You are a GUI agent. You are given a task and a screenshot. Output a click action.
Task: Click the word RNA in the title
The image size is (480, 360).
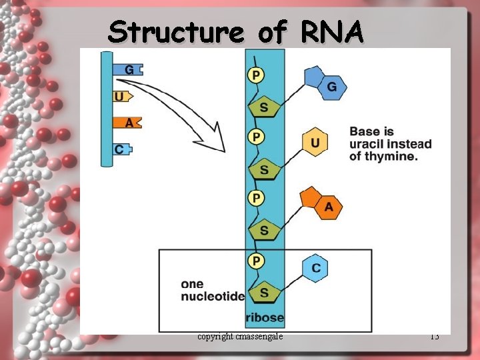coord(331,31)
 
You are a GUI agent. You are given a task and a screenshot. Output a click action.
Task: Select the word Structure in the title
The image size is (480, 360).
coord(176,31)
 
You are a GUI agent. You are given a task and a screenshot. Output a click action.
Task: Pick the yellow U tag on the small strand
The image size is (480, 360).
coord(121,97)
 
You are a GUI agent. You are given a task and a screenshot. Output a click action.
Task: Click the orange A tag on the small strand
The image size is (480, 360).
coord(127,123)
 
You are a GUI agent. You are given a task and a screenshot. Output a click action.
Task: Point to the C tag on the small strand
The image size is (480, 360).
coord(121,149)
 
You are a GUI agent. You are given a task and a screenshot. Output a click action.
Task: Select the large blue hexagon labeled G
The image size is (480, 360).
coord(331,87)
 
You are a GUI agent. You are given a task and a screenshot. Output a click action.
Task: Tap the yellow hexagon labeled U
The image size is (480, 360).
coord(315,143)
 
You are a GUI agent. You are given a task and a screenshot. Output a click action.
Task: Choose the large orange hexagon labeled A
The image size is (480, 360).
coord(328,207)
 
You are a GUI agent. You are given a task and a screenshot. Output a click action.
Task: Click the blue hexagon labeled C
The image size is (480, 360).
coord(315,268)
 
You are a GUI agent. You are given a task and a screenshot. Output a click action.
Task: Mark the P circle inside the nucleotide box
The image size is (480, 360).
coord(256,260)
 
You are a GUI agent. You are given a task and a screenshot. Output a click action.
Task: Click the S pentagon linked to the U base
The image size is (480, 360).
coord(264,169)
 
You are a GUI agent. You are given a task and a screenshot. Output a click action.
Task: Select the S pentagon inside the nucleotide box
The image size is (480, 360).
coord(264,292)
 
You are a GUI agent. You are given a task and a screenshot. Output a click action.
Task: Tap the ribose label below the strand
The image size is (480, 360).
coord(265,317)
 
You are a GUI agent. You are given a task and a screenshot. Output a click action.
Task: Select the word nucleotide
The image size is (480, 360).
coord(213,297)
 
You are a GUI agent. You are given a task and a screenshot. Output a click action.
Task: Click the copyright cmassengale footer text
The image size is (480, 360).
coord(240,337)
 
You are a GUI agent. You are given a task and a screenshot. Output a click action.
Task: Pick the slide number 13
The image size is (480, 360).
coord(435,337)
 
